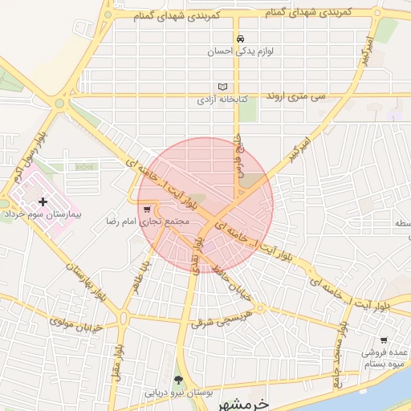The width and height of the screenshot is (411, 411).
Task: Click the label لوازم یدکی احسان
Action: coord(239,51)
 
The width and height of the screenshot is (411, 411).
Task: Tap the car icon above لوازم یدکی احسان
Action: coord(239,39)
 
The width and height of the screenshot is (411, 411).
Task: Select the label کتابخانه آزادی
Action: coord(223,101)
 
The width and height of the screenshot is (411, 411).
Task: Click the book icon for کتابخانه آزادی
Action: coord(223,87)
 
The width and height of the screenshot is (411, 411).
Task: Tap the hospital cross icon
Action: coord(43,201)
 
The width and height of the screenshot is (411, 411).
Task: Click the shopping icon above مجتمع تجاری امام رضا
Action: coord(146,208)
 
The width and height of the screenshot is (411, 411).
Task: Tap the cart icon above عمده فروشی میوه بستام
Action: coord(384,340)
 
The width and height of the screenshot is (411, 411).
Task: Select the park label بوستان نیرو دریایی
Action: coord(178,393)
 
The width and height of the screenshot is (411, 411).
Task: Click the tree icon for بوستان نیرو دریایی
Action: coord(178,380)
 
